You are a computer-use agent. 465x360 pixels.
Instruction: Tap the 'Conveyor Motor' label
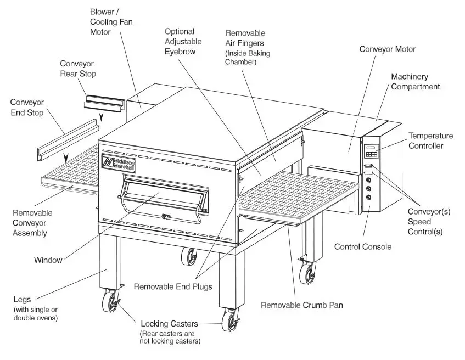click(x=387, y=49)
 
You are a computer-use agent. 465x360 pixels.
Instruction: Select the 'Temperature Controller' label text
click(x=430, y=140)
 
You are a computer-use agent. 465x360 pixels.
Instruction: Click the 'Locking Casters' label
click(x=170, y=324)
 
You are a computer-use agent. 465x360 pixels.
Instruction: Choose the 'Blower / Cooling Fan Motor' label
click(x=111, y=21)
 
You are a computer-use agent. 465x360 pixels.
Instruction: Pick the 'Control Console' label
click(x=363, y=246)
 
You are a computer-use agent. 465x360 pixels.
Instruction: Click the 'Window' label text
click(x=48, y=260)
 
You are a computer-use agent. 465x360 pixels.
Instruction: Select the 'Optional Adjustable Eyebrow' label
click(x=183, y=42)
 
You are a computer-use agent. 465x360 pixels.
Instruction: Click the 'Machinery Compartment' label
click(x=415, y=81)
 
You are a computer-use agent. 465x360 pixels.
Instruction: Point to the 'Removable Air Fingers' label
click(x=247, y=47)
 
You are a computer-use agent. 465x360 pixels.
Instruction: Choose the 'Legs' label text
click(x=22, y=300)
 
